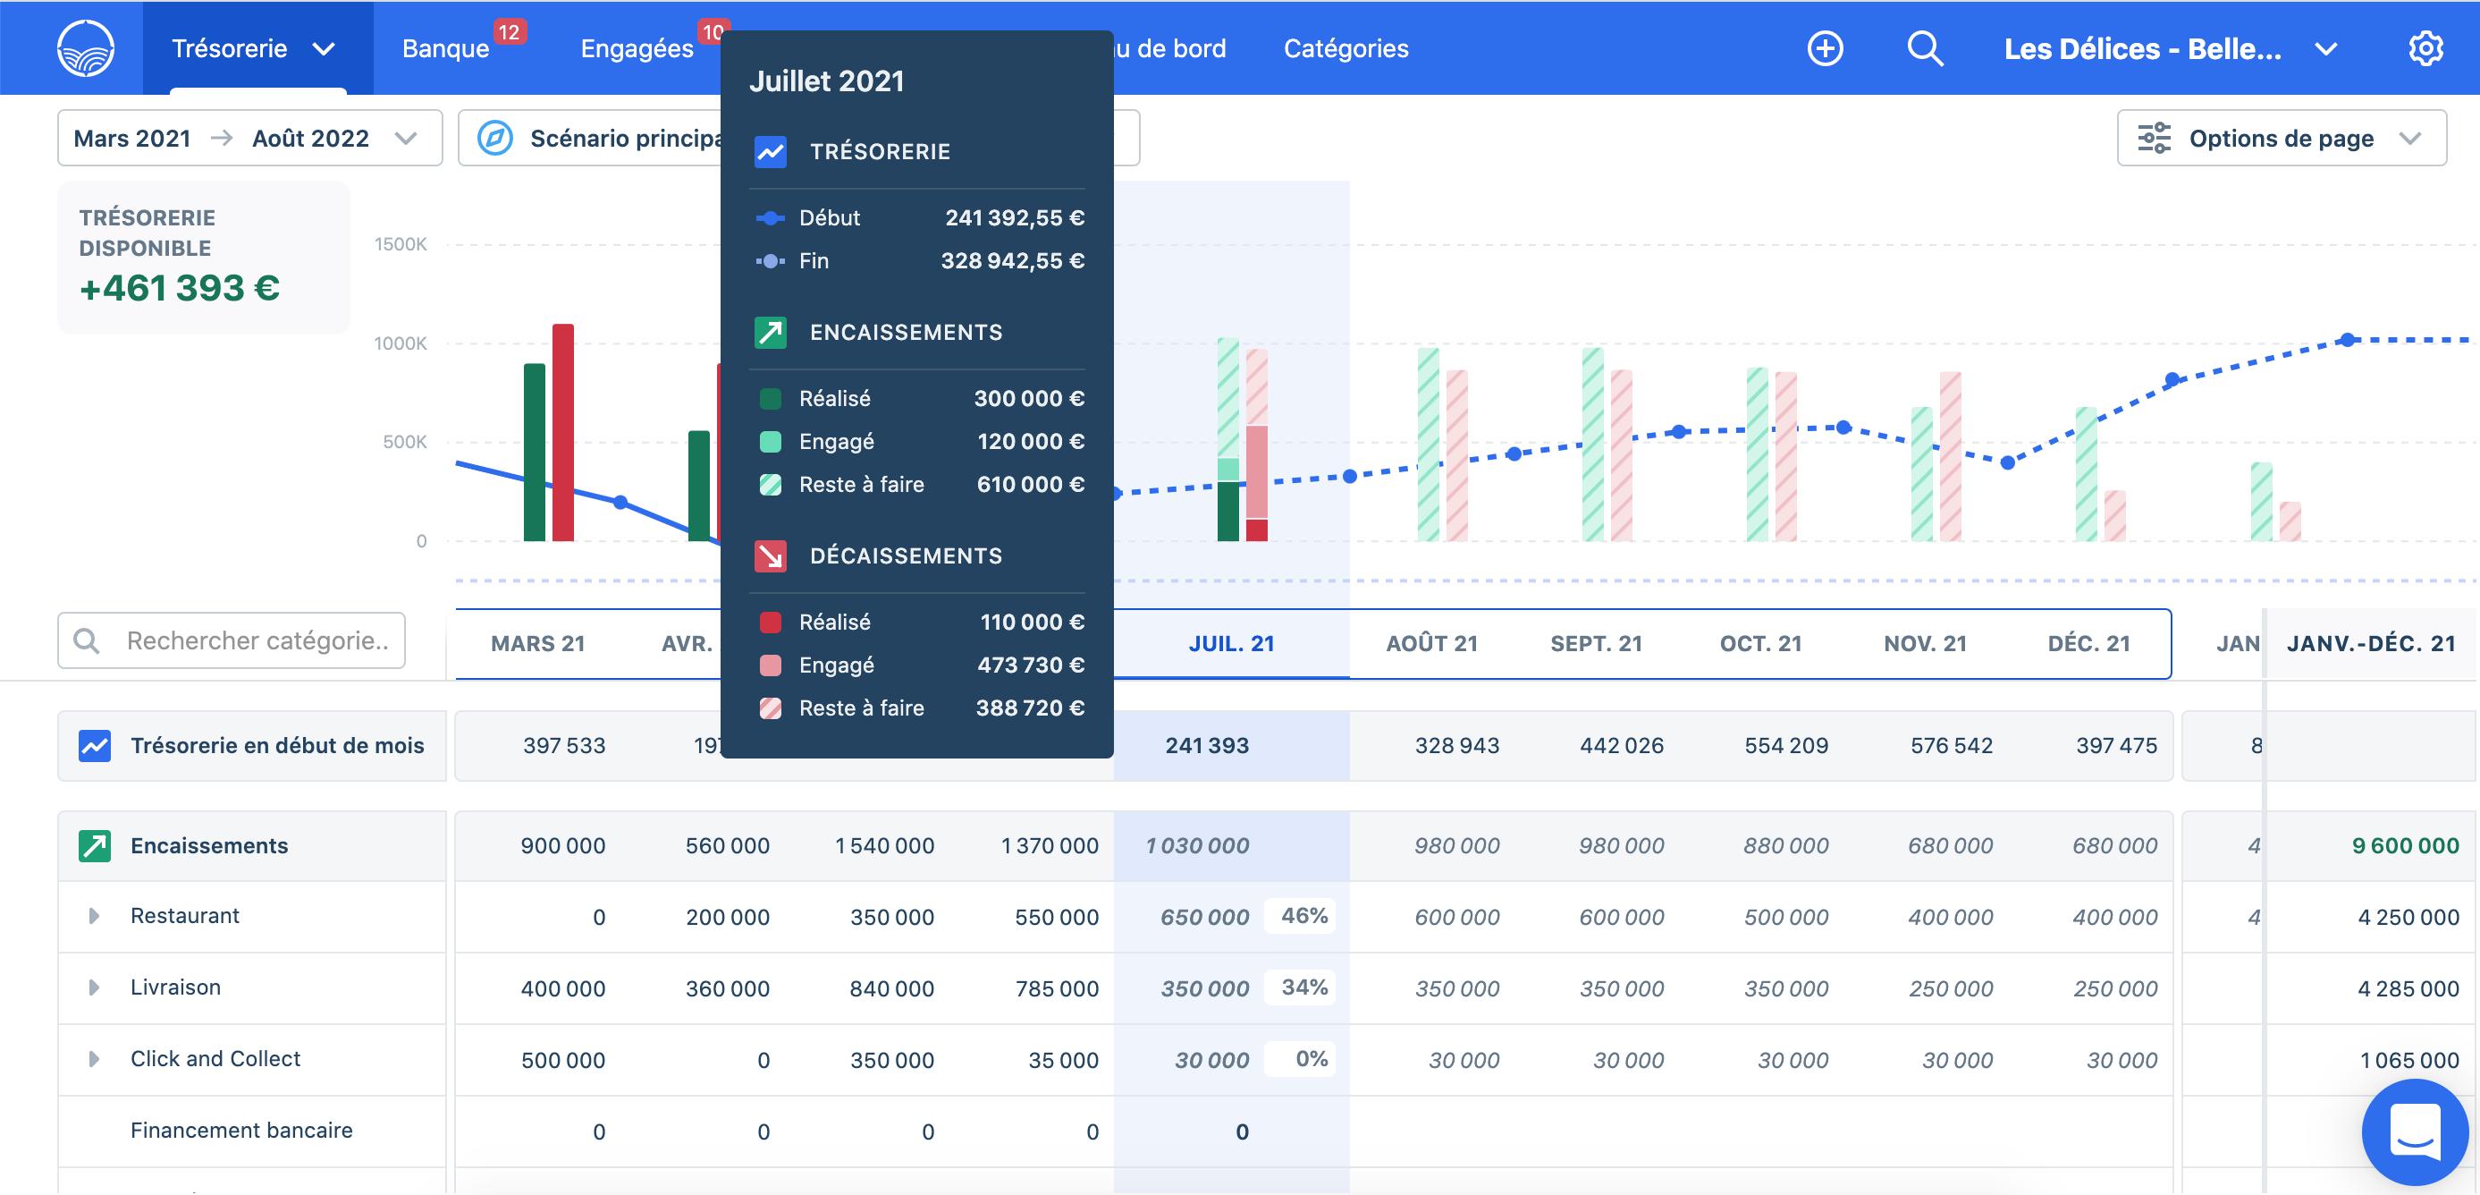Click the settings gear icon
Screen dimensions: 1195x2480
coord(2425,48)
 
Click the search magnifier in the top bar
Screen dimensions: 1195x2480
coord(1925,48)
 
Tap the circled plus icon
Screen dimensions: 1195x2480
coord(1825,48)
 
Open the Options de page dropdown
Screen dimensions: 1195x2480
coord(2281,139)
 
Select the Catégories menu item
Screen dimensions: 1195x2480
coord(1345,48)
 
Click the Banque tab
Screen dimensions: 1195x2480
coord(446,48)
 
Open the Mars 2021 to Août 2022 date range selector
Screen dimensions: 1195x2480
coord(249,139)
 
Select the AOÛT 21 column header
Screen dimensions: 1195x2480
coord(1431,643)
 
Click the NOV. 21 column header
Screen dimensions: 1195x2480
coord(1925,643)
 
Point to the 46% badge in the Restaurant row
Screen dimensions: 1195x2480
coord(1303,916)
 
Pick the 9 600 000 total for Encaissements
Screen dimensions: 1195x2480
coord(2404,845)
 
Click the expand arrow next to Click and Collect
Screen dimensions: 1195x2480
coord(93,1058)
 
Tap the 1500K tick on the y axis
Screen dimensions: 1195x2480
coord(401,244)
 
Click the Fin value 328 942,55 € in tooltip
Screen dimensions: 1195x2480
coord(1012,261)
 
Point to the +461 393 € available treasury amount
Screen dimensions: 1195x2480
coord(180,288)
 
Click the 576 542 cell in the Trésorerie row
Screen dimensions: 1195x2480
coord(1951,745)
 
